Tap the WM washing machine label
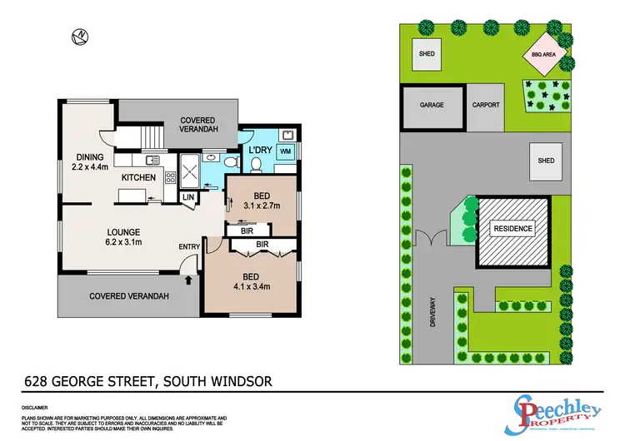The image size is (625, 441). [285, 151]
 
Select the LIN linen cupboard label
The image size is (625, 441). [188, 196]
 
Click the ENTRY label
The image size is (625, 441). [189, 247]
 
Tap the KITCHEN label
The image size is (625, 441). [138, 177]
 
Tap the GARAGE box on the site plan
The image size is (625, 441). [432, 106]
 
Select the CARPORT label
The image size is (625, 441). [485, 106]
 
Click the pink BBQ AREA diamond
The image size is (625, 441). [550, 55]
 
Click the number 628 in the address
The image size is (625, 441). [37, 382]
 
